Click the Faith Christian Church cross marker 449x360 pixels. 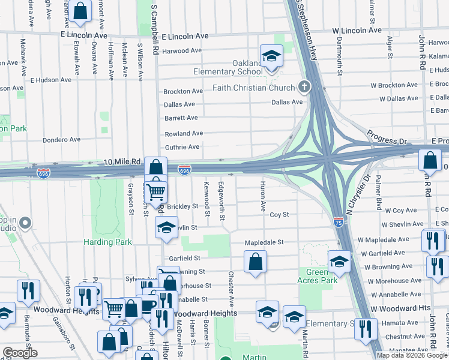coord(304,88)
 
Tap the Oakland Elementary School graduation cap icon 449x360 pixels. coord(271,56)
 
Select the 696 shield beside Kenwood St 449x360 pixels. coord(184,171)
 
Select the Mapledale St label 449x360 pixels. coord(264,242)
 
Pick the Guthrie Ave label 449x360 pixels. coord(182,147)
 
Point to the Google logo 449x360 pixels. coord(20,353)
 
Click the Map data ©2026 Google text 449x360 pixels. coord(412,355)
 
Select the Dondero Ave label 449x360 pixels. coord(61,140)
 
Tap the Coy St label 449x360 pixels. coord(279,214)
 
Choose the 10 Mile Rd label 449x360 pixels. coord(122,161)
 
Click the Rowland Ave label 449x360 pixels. coord(184,133)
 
